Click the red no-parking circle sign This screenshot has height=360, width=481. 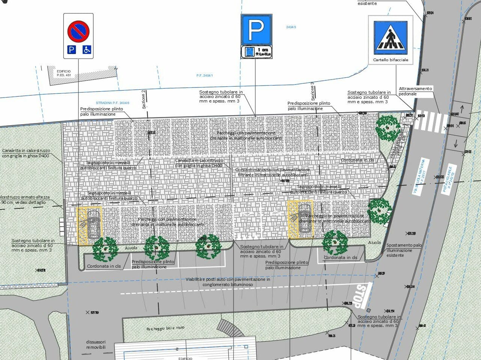click(78, 31)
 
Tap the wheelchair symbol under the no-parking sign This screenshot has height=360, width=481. click(87, 49)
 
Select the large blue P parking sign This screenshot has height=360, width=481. click(256, 30)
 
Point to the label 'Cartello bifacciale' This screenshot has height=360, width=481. click(391, 60)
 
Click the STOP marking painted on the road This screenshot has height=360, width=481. click(361, 295)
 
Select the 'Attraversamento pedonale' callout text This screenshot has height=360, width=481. click(415, 91)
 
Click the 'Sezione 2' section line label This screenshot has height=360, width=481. click(143, 99)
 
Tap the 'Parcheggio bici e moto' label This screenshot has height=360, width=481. click(165, 328)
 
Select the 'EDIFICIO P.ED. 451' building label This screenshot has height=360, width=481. click(63, 73)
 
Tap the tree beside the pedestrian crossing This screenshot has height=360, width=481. click(388, 128)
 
